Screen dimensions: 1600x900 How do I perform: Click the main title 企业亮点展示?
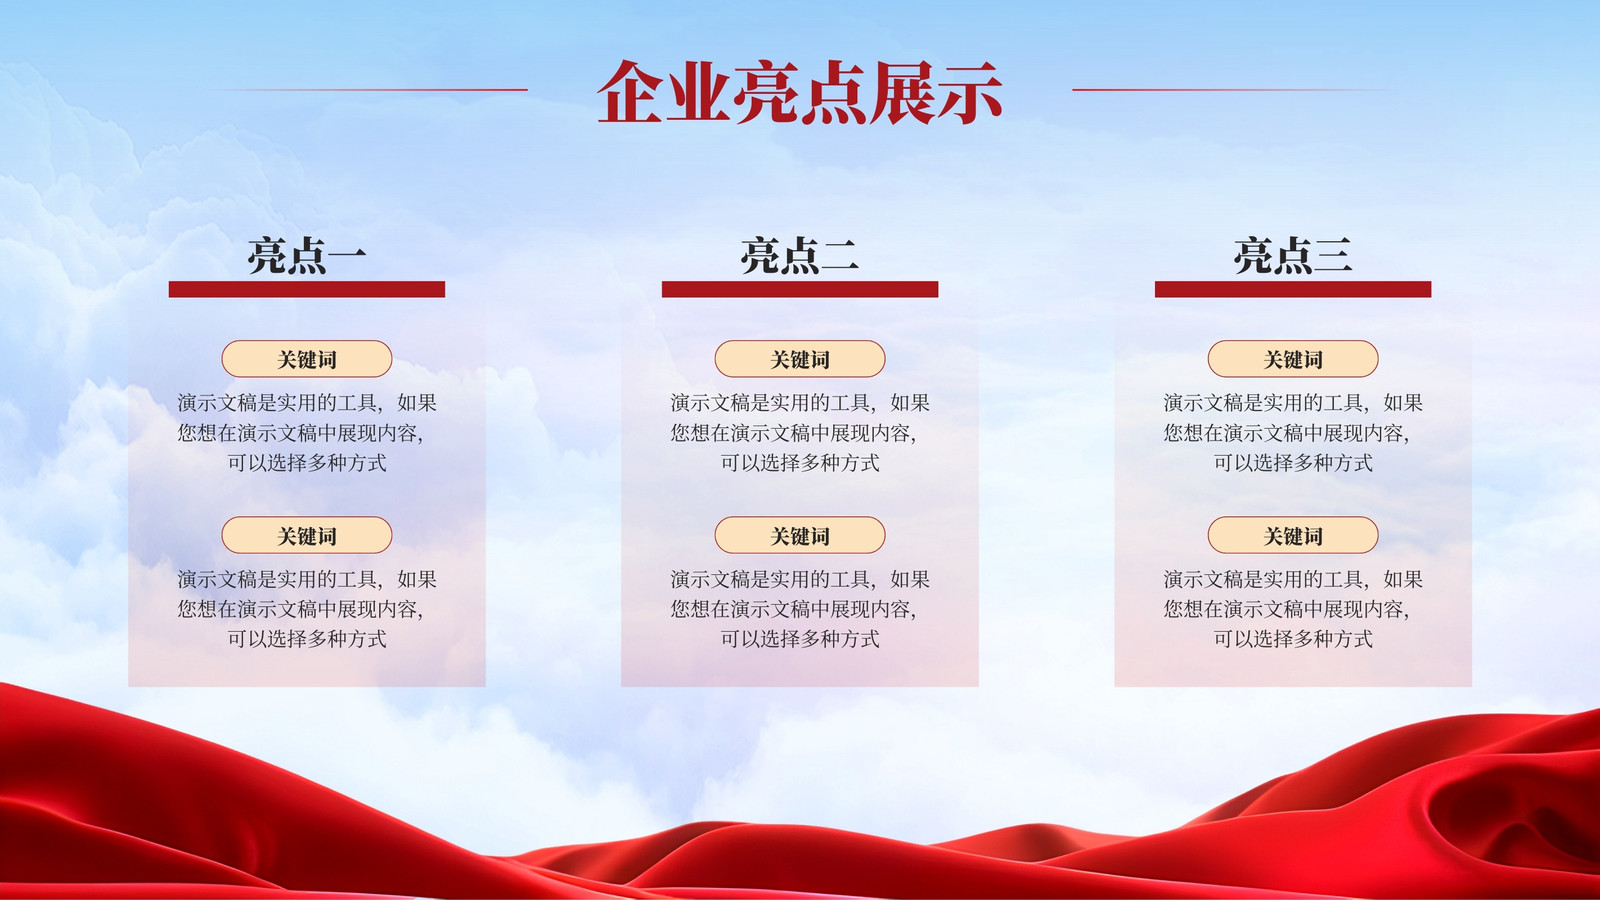coord(800,92)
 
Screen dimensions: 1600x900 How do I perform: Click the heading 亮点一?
coord(307,255)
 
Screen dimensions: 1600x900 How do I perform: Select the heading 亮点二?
coord(800,255)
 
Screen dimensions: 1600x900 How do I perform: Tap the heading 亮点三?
coord(1293,255)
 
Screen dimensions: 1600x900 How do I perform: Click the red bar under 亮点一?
coord(307,289)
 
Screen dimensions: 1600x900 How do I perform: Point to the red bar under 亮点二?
coord(800,289)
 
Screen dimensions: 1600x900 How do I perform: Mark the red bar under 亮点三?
coord(1293,289)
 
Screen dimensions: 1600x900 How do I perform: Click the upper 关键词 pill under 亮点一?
coord(307,359)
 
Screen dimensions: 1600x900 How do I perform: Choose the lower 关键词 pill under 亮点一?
coord(307,535)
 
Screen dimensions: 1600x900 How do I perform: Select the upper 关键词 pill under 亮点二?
coord(800,359)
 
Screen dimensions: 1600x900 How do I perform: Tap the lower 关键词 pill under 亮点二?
coord(800,535)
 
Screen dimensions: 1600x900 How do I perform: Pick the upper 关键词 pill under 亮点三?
coord(1293,359)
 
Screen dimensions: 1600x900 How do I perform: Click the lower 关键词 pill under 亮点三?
coord(1293,535)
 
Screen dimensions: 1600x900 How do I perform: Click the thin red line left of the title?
coord(370,90)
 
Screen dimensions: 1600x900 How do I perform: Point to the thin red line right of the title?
coord(1230,90)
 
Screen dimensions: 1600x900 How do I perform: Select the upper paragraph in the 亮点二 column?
coord(800,433)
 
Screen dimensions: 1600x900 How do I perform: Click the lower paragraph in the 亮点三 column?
coord(1293,609)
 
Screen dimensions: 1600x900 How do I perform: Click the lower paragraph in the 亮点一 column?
coord(307,609)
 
